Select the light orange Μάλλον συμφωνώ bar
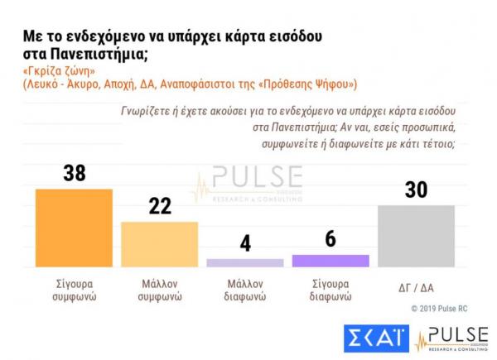click(x=160, y=244)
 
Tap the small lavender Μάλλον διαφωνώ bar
click(x=245, y=262)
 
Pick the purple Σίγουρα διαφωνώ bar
click(x=331, y=260)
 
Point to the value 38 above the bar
click(x=74, y=174)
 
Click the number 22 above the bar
click(x=160, y=206)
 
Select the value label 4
click(x=245, y=244)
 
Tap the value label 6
click(x=331, y=238)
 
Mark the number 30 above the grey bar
click(x=416, y=190)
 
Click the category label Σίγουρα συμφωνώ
click(x=73, y=289)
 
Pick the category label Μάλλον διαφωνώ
click(x=245, y=289)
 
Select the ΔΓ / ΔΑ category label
click(x=416, y=287)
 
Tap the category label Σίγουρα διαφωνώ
click(x=331, y=289)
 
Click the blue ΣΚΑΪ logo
click(x=374, y=338)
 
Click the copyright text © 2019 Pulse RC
click(x=447, y=308)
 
